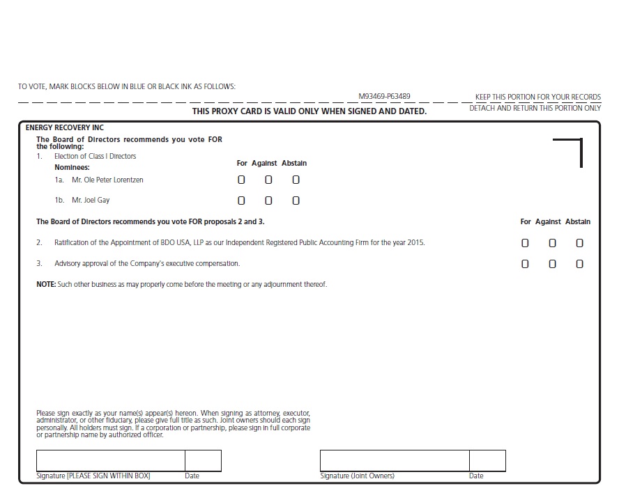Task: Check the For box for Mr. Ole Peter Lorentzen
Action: (241, 180)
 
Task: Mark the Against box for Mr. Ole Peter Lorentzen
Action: (268, 180)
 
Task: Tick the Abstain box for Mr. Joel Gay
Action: (296, 201)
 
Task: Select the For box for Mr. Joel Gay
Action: (241, 201)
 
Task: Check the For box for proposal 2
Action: (525, 243)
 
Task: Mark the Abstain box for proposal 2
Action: (579, 243)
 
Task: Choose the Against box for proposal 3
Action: (552, 264)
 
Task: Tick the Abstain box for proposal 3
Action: (579, 264)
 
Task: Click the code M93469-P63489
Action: (384, 96)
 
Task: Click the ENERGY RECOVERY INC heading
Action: (64, 128)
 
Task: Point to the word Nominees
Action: (72, 168)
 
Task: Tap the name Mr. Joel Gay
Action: (91, 201)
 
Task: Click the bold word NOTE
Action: (46, 284)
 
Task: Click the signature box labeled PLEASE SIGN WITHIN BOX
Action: (110, 461)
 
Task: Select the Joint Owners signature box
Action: (394, 461)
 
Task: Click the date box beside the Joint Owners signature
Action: (487, 461)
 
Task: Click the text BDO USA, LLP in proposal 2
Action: (185, 243)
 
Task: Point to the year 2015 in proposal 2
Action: (415, 243)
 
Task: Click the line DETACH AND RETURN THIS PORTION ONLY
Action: (535, 108)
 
